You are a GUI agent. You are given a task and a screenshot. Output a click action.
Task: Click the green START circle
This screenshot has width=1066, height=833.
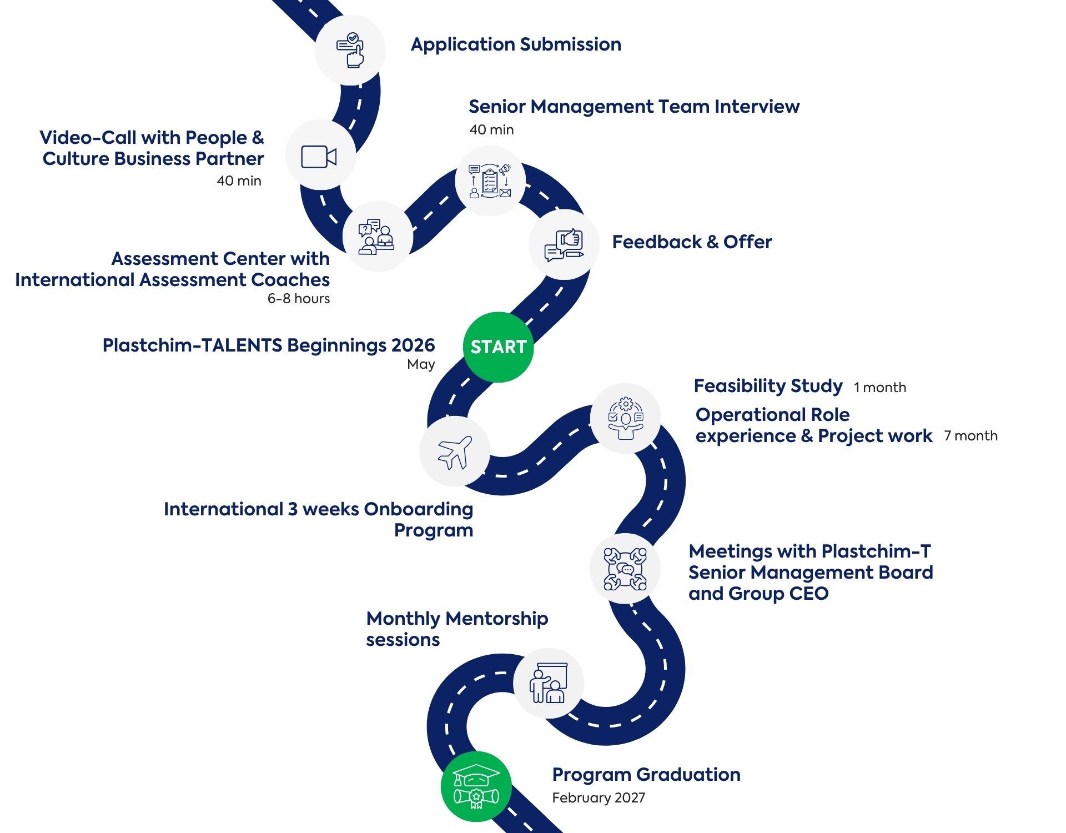point(498,347)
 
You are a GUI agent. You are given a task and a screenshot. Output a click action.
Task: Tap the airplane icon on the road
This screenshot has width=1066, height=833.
point(455,451)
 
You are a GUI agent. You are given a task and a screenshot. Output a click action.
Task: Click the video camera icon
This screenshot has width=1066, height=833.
point(319,157)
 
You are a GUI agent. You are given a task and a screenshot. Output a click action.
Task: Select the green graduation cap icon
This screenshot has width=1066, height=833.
point(476,786)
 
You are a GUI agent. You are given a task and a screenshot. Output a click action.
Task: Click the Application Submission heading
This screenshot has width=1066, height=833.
point(516,44)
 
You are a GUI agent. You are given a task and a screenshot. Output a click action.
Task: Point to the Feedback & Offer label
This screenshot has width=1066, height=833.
point(692,242)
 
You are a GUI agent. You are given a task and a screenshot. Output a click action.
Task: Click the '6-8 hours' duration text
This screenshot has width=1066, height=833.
point(299,299)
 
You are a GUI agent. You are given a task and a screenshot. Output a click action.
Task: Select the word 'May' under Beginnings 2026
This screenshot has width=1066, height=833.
point(421,364)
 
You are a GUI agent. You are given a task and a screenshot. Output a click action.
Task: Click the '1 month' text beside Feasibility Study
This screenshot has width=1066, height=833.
point(880,388)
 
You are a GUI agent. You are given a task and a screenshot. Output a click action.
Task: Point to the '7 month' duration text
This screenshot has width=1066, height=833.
point(971,436)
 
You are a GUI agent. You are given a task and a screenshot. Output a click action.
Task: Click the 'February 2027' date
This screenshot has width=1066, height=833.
point(599,798)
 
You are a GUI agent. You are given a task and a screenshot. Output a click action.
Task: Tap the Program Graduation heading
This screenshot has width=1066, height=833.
point(646,775)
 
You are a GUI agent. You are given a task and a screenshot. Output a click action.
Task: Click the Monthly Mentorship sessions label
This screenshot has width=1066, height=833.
point(457,629)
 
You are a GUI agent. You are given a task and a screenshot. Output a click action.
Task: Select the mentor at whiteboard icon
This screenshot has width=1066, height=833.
point(549,683)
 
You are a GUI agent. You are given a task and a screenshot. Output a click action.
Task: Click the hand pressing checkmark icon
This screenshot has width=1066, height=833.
point(350,50)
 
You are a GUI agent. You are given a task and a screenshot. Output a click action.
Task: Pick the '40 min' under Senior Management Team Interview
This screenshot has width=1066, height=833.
point(491,130)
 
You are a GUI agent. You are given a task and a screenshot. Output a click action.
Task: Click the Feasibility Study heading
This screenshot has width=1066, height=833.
point(768,386)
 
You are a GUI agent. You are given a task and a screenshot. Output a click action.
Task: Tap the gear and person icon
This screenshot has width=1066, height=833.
point(626,418)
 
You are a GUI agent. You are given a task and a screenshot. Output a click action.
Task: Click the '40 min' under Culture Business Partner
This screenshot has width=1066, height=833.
point(239,181)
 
